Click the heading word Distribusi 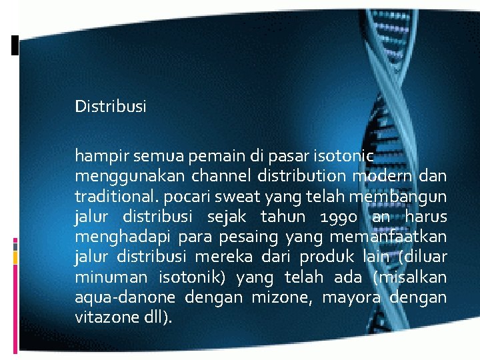pos(111,106)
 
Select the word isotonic pos(347,157)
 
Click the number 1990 pos(341,217)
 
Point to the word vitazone pos(103,317)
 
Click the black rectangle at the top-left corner pos(15,45)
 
